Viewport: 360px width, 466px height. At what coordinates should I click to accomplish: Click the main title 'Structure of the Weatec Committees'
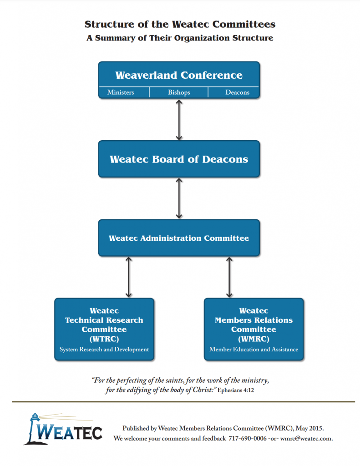(180, 24)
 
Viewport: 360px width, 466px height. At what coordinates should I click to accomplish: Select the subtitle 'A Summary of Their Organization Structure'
(180, 38)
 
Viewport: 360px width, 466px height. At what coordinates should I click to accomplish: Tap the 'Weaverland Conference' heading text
(179, 75)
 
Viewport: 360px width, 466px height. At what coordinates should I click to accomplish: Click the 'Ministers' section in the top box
(121, 92)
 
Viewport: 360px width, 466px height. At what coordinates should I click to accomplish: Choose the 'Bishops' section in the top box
(179, 92)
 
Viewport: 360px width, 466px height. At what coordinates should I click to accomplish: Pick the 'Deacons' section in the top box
(237, 92)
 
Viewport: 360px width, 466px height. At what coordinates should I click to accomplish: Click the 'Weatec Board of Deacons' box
(179, 159)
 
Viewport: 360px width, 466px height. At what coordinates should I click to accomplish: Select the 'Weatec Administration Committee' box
(179, 238)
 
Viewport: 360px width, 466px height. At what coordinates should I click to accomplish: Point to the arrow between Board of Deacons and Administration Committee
(179, 198)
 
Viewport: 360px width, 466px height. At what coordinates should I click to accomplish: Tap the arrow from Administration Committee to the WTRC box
(129, 277)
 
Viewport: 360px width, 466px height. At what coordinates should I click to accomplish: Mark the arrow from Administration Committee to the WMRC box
(229, 277)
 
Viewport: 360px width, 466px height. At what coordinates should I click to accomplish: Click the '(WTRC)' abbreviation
(104, 339)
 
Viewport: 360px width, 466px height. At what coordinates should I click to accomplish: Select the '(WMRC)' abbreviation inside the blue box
(254, 339)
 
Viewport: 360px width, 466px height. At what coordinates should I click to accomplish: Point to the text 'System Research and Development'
(104, 349)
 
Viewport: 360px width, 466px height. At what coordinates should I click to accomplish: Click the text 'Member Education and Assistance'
(254, 349)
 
